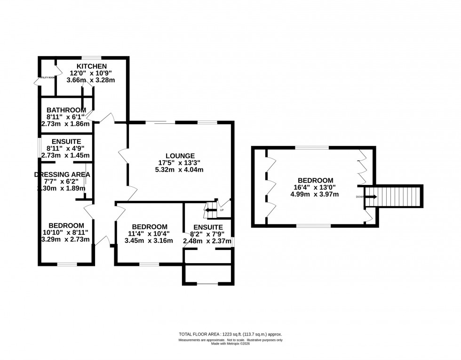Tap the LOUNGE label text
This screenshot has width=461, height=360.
point(176,156)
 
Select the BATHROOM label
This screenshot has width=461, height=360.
point(66,110)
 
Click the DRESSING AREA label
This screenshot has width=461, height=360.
point(62,175)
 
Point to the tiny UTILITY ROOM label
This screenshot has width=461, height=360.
point(48,78)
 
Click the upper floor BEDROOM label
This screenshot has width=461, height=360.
point(315,180)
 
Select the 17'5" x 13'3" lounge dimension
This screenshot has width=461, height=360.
point(176,163)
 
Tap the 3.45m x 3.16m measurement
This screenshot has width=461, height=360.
point(148,240)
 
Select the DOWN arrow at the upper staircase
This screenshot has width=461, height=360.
point(371,197)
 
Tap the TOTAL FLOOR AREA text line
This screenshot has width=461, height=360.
point(230,335)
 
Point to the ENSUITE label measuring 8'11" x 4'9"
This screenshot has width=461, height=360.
point(66,141)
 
